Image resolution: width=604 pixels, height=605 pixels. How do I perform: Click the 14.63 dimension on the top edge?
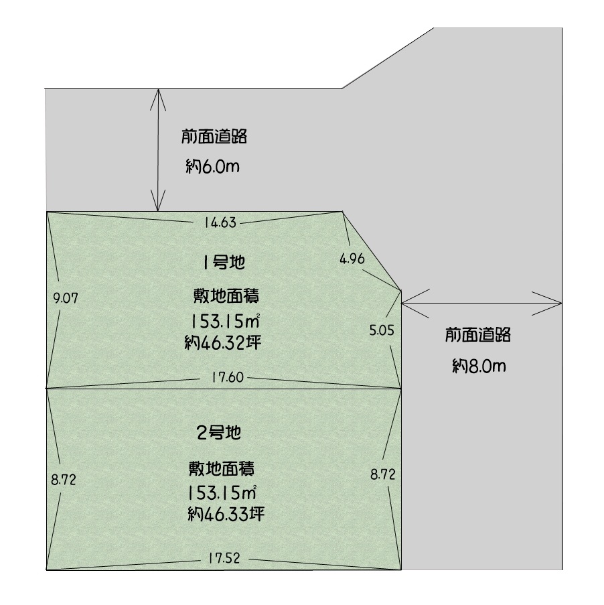220,222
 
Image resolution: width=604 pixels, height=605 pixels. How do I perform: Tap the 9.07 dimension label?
66,298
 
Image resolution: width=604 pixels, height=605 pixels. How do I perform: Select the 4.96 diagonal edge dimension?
352,259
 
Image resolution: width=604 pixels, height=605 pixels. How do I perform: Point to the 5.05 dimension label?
382,330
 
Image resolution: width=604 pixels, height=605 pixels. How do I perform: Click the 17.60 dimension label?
228,377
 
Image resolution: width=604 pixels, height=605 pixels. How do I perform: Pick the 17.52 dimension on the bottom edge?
224,558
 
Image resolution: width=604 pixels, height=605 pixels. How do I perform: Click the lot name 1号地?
224,263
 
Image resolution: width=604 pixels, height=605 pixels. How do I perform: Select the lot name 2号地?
219,433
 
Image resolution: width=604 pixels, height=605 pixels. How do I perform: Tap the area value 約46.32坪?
223,342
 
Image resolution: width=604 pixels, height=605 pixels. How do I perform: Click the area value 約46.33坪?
226,514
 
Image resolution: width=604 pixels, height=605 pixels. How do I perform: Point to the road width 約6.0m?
212,166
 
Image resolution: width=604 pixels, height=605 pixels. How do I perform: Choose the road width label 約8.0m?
479,366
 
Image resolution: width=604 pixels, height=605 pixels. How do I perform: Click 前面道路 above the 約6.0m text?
214,137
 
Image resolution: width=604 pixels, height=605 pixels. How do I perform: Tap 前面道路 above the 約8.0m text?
478,335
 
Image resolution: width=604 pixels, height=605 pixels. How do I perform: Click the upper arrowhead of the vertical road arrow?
158,90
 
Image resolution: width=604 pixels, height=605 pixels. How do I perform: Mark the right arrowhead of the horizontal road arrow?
561,304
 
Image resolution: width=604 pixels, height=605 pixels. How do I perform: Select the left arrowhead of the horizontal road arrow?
402,304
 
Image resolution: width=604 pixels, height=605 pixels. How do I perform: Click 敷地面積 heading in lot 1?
226,296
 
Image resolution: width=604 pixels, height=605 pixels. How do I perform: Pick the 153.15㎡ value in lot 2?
222,492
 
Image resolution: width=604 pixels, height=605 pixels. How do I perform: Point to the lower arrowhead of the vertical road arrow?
158,210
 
